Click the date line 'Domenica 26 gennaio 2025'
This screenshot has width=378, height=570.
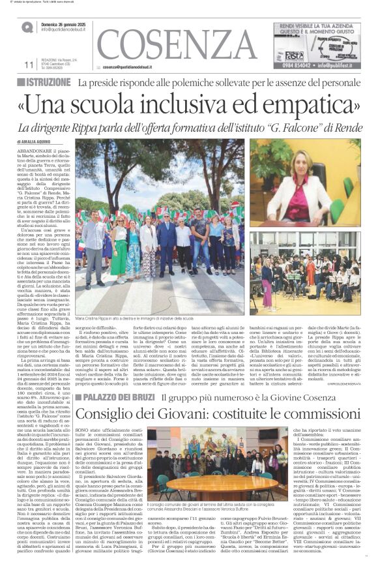point(68,24)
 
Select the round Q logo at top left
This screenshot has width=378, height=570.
point(27,27)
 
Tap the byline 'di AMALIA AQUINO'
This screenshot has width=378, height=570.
point(38,142)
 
